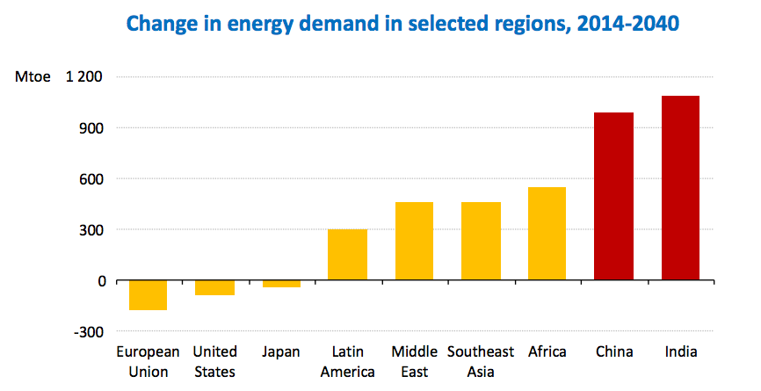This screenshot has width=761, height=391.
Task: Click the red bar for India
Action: coord(680,188)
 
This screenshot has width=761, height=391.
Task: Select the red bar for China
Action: coord(613,197)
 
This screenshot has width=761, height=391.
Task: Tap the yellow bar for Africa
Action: coord(547,234)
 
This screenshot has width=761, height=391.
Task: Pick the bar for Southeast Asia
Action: coord(481,242)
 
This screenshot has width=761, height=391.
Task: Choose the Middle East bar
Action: coord(414,242)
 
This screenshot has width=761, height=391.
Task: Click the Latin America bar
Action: coord(347,255)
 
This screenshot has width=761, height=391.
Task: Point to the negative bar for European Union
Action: coord(149,296)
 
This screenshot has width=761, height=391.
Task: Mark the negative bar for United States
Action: coord(214,288)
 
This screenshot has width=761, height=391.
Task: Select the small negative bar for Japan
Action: coord(281,284)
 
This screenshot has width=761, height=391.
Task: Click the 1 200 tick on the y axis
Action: coord(85,76)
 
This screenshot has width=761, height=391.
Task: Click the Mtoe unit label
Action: coord(33,76)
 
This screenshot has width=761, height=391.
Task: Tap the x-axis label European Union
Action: coord(149,361)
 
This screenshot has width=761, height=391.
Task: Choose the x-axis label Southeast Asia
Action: coord(481,361)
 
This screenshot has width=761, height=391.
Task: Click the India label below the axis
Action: coord(680,351)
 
